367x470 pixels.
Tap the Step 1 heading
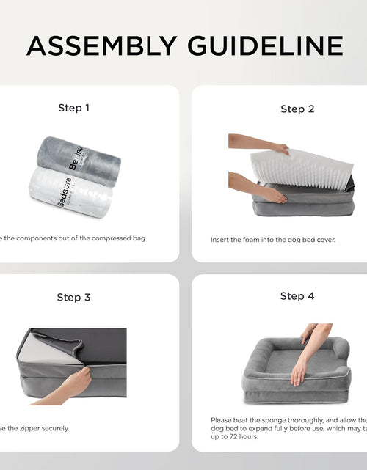(73, 108)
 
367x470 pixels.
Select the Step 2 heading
(297, 109)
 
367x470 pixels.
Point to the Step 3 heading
(73, 297)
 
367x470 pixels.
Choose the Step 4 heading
(297, 296)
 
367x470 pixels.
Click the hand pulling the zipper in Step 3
(73, 383)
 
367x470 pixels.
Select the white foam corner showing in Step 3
(44, 353)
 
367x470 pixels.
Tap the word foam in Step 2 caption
(254, 240)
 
